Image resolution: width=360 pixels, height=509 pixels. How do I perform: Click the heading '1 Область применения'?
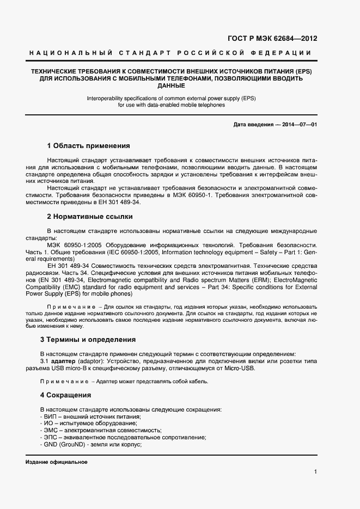tap(88, 146)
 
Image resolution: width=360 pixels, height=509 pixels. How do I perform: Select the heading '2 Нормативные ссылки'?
tap(87, 216)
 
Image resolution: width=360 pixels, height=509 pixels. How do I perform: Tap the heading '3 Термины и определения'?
tap(91, 340)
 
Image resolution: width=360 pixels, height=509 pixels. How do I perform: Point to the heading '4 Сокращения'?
tap(69, 395)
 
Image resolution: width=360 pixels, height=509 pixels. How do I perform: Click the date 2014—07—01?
tap(298, 125)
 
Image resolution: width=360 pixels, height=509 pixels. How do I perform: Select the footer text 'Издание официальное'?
tap(57, 462)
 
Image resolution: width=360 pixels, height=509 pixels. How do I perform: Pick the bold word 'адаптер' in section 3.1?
tap(63, 361)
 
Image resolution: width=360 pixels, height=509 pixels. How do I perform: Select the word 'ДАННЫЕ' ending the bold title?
tap(170, 86)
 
